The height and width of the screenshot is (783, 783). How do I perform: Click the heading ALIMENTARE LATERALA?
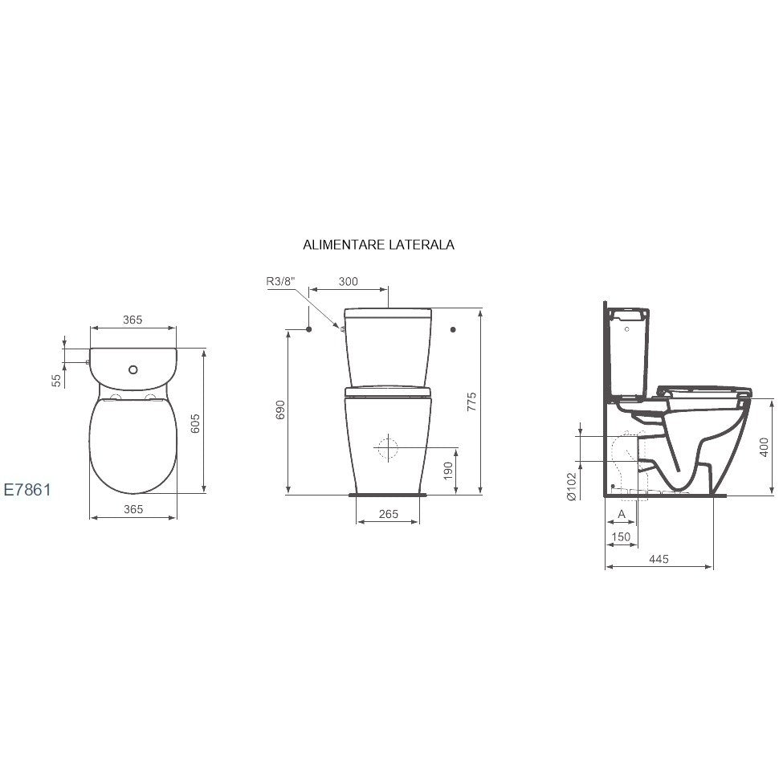pos(378,245)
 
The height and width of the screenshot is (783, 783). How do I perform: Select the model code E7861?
pos(27,489)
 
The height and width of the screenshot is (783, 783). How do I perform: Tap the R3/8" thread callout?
pos(280,281)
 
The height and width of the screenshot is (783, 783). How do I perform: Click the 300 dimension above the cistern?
pos(348,282)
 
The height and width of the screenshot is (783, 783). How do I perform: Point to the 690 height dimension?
pos(280,410)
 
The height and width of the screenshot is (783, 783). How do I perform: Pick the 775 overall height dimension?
pos(471,402)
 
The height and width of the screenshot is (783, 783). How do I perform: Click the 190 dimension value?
pos(448,471)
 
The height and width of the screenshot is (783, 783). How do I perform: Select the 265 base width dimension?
pos(388,514)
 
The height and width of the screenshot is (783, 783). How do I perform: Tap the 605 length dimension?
pos(195,423)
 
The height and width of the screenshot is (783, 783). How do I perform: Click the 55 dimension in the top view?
pos(57,381)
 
